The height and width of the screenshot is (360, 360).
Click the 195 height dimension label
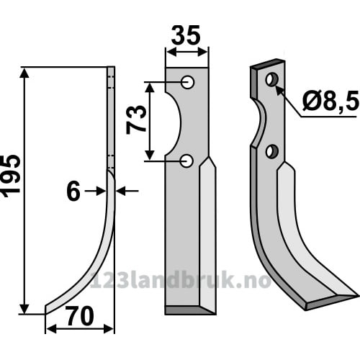11,176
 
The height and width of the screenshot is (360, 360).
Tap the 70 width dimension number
80,316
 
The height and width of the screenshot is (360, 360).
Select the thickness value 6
73,192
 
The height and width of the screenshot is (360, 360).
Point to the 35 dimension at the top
186,35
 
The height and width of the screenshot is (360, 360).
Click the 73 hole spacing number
136,120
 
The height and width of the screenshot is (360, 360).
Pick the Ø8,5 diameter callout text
330,101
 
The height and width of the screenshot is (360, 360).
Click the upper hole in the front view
188,82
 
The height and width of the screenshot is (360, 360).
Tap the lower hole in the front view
186,161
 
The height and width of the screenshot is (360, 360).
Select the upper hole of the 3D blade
271,79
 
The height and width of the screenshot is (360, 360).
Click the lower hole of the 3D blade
272,151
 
